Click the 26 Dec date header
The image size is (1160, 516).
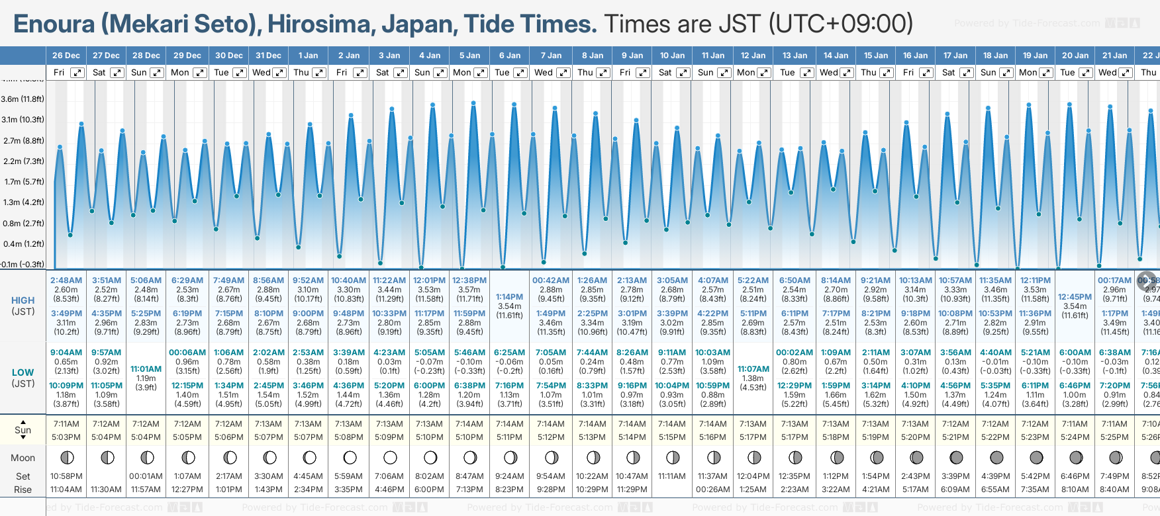(x=66, y=56)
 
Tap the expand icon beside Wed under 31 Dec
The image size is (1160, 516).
(x=279, y=73)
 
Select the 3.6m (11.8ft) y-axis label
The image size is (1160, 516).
(x=23, y=99)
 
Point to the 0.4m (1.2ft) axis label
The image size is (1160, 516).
(x=23, y=244)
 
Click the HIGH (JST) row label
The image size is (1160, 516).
(x=23, y=306)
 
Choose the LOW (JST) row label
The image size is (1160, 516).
(x=23, y=378)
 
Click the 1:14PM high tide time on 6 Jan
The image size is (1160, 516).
(x=509, y=297)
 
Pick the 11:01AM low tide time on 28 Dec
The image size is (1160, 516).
(x=146, y=369)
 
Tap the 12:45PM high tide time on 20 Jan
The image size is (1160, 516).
(x=1075, y=297)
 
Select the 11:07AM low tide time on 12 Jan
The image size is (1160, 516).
(x=753, y=369)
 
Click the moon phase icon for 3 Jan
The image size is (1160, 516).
(x=390, y=457)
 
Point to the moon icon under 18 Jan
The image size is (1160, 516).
(x=996, y=457)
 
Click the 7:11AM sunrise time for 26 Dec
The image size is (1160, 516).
(x=66, y=424)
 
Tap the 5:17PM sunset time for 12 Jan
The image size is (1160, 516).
(x=753, y=437)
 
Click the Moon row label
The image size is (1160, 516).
(x=23, y=458)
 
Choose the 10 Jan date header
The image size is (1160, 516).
(x=673, y=56)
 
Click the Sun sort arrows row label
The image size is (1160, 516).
(x=23, y=430)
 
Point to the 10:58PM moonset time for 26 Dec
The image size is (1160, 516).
(x=66, y=476)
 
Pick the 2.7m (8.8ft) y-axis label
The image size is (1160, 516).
(x=23, y=141)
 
